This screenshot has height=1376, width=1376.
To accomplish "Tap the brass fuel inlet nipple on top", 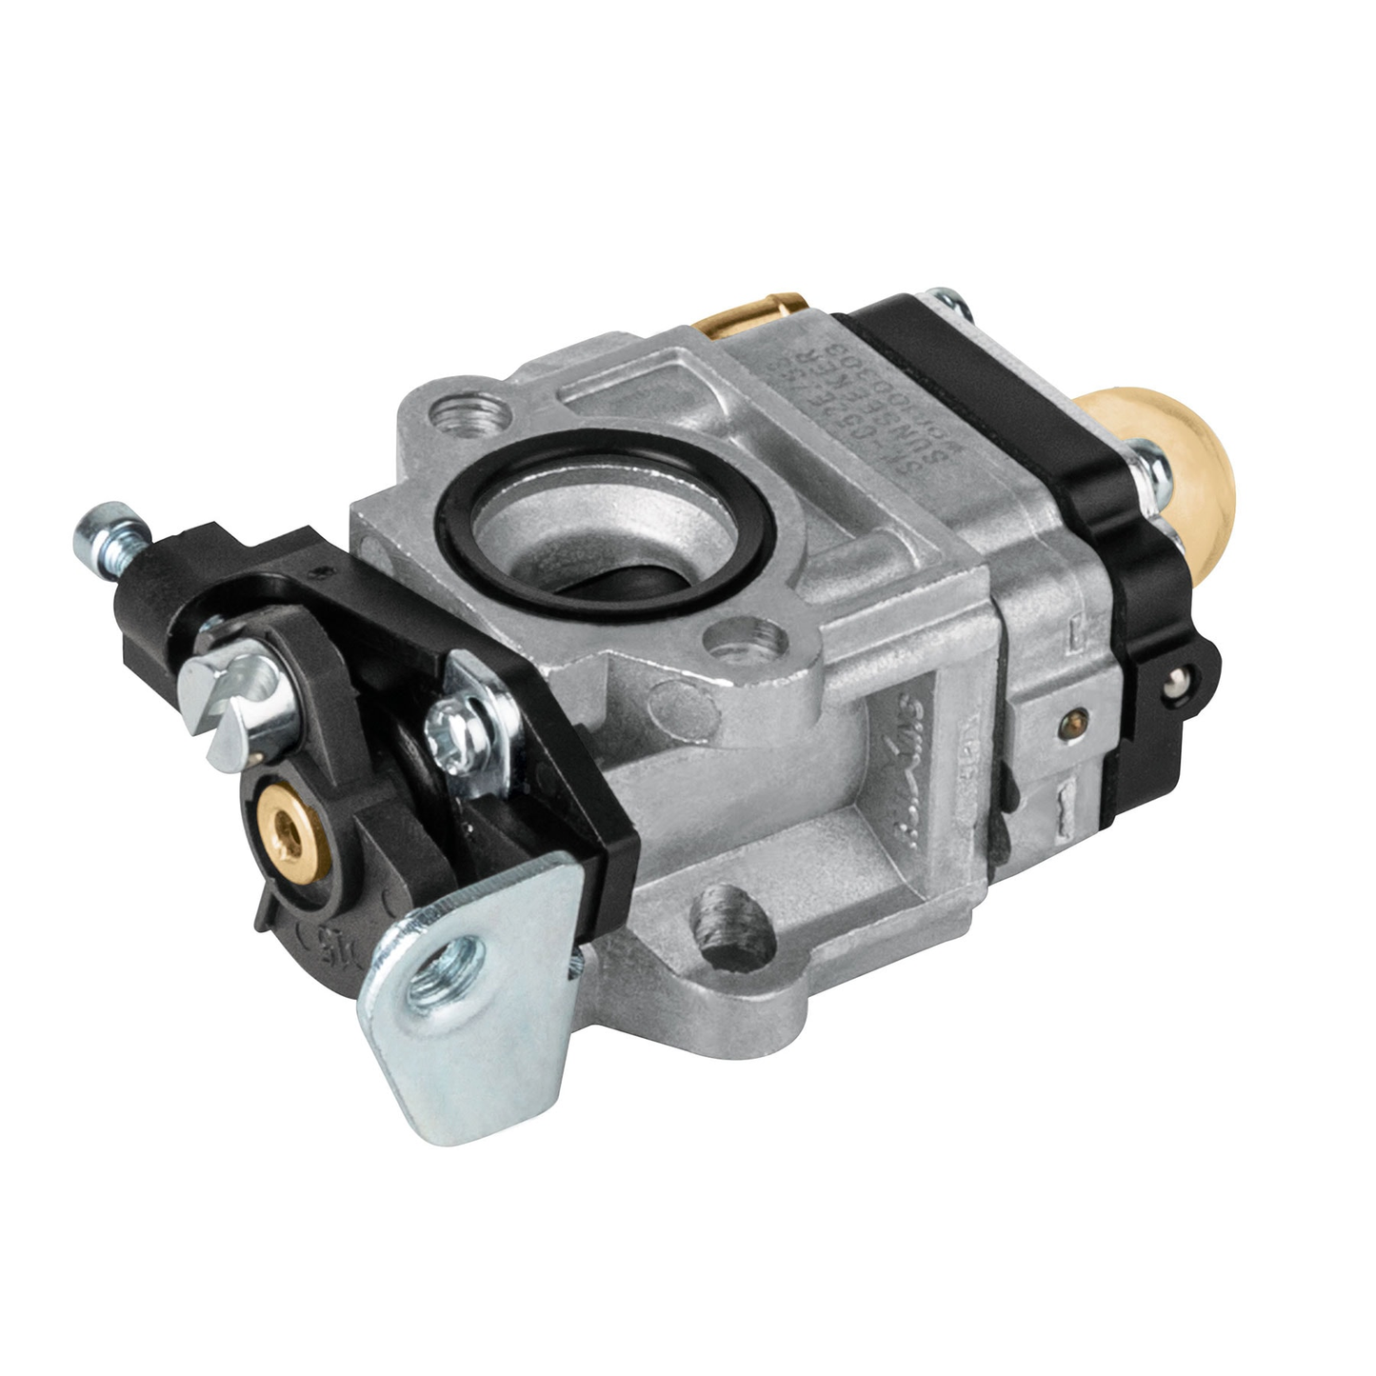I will [752, 315].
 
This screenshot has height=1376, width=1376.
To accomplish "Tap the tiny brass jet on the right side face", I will [1073, 720].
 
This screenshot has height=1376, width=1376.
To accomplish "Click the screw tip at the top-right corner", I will [949, 303].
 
